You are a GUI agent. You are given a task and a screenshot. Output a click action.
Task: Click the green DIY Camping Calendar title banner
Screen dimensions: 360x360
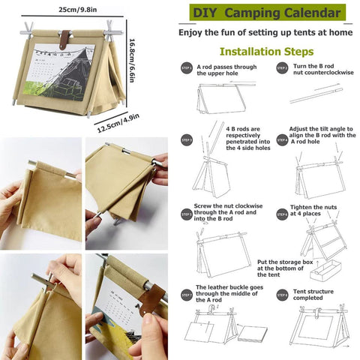265,13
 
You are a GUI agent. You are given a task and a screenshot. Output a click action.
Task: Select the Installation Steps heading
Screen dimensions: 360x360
265,52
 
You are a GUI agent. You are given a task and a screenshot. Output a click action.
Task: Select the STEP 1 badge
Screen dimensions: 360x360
186,68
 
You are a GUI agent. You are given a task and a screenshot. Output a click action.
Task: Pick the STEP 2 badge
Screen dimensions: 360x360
282,68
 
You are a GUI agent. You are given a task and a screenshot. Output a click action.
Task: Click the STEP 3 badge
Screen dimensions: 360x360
186,140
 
